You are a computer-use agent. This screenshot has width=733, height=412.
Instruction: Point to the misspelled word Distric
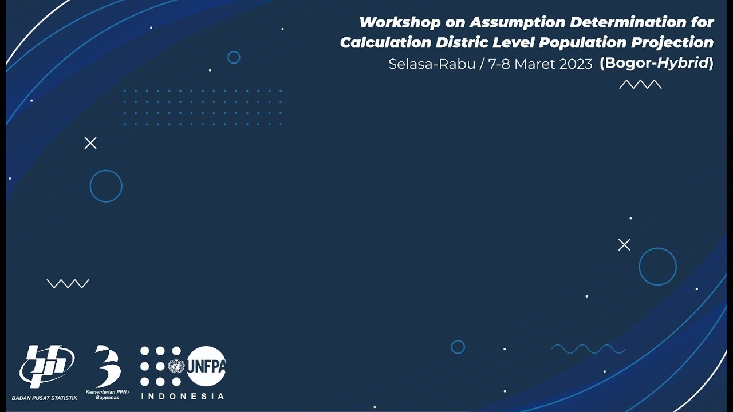tap(462, 43)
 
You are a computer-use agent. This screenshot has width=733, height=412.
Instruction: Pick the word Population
tap(582, 43)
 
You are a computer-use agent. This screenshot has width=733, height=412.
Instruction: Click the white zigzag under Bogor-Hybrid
tap(640, 85)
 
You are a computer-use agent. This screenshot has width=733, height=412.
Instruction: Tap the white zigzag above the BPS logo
tap(68, 284)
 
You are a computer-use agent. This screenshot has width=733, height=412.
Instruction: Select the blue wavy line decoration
tap(588, 349)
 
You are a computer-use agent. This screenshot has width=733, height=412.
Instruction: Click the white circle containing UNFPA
tap(206, 366)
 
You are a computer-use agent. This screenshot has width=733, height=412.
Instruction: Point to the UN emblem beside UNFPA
tap(176, 366)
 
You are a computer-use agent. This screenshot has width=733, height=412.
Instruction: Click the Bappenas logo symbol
tap(107, 366)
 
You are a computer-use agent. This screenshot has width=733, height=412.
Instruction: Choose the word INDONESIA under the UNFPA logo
tap(182, 396)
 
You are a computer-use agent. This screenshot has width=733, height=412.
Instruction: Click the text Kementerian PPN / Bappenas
tap(107, 394)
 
